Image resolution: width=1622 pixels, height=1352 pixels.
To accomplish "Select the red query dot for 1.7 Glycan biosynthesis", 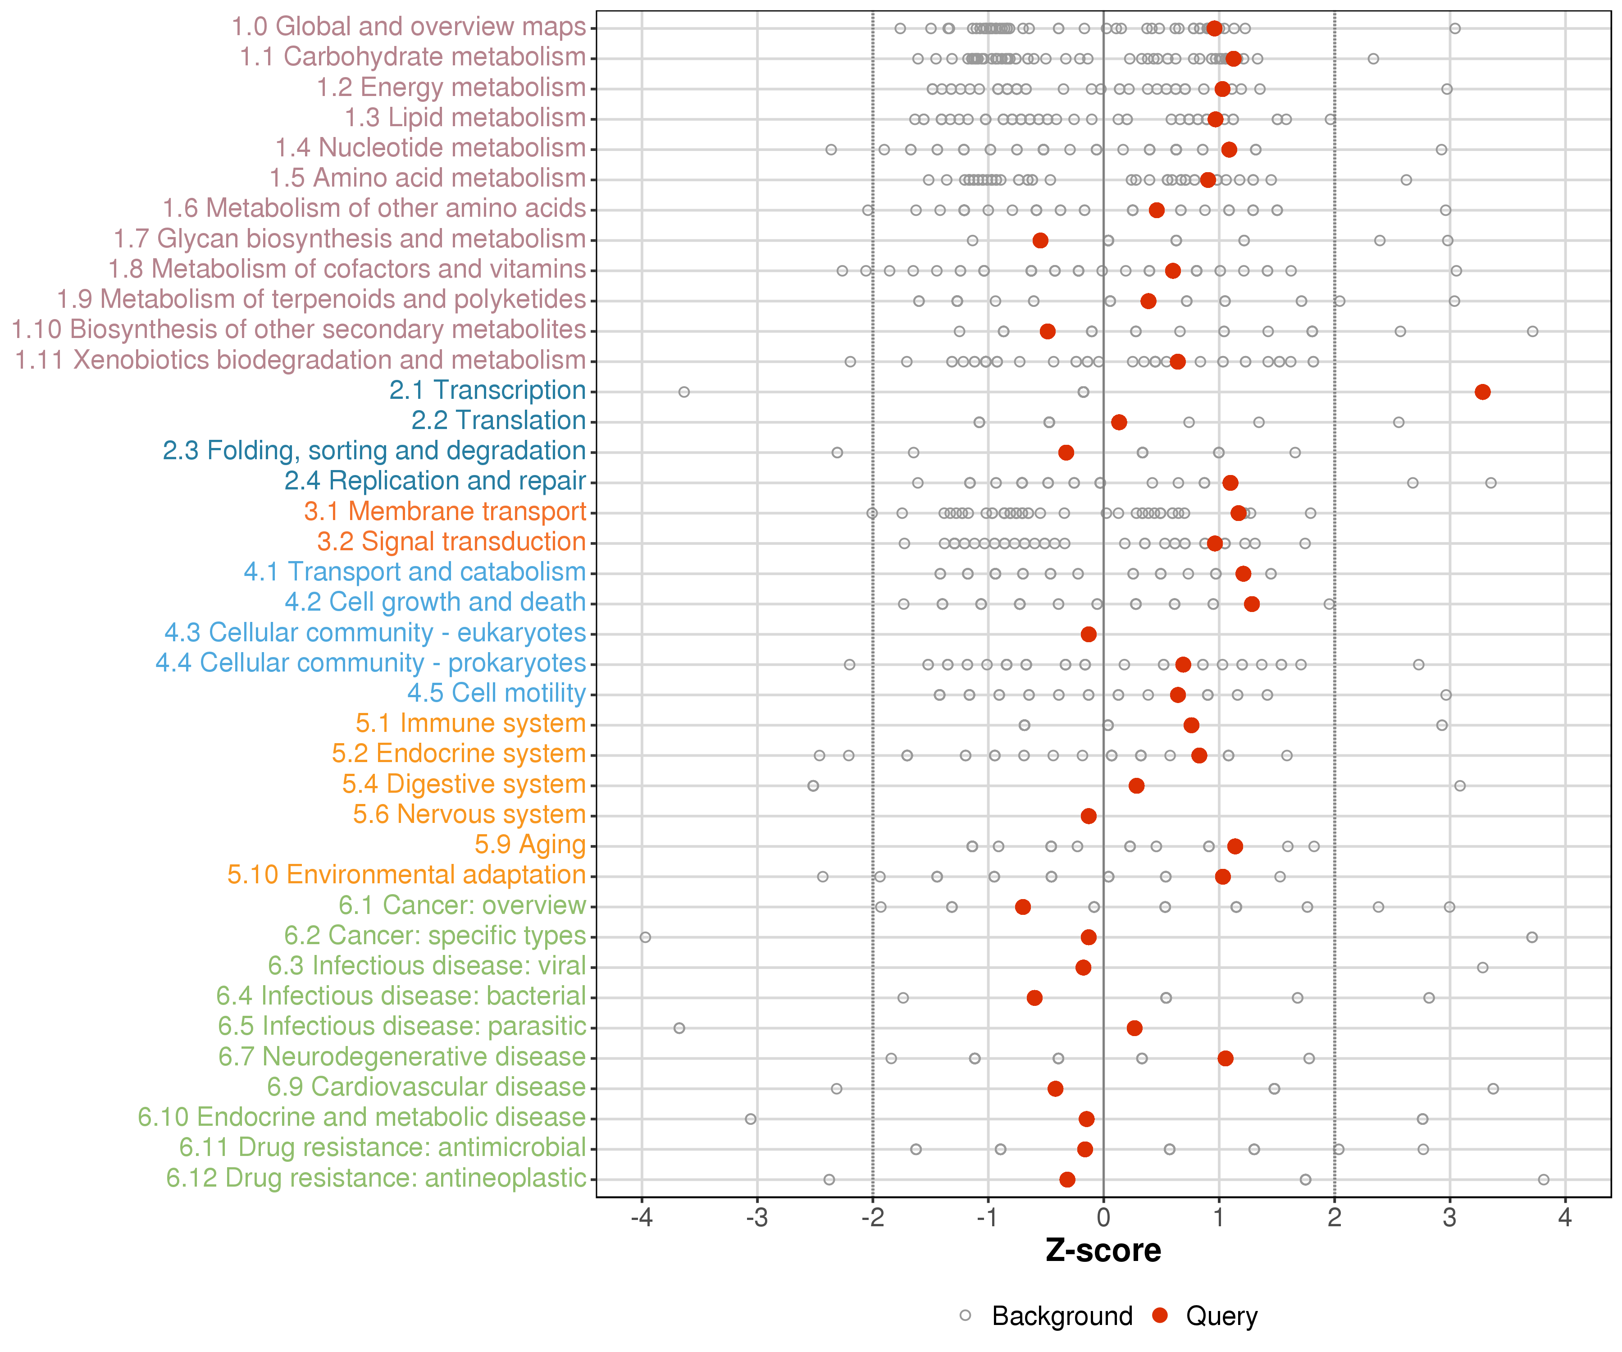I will (x=1040, y=240).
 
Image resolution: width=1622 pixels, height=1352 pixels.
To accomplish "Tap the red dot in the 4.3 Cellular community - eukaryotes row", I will (x=1088, y=634).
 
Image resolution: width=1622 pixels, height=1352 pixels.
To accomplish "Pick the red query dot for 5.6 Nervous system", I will (x=1088, y=816).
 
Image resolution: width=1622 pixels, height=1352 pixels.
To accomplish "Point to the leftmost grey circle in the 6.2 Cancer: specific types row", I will (x=645, y=937).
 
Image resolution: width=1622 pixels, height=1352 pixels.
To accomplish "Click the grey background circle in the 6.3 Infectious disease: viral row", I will (x=1482, y=967).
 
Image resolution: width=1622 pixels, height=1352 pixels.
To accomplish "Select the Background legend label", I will (x=1062, y=1316).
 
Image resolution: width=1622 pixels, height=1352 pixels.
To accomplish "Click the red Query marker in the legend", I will (x=1159, y=1315).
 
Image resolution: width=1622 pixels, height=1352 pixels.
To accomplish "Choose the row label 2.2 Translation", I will (x=498, y=420).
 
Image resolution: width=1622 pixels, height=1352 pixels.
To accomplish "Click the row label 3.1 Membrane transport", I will (x=445, y=512).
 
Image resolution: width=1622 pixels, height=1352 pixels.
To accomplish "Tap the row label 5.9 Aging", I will (x=530, y=845).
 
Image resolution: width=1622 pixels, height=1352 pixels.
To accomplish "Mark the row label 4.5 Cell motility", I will (x=497, y=693).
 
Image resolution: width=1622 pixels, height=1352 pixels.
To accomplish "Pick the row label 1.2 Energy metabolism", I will (x=451, y=87).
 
